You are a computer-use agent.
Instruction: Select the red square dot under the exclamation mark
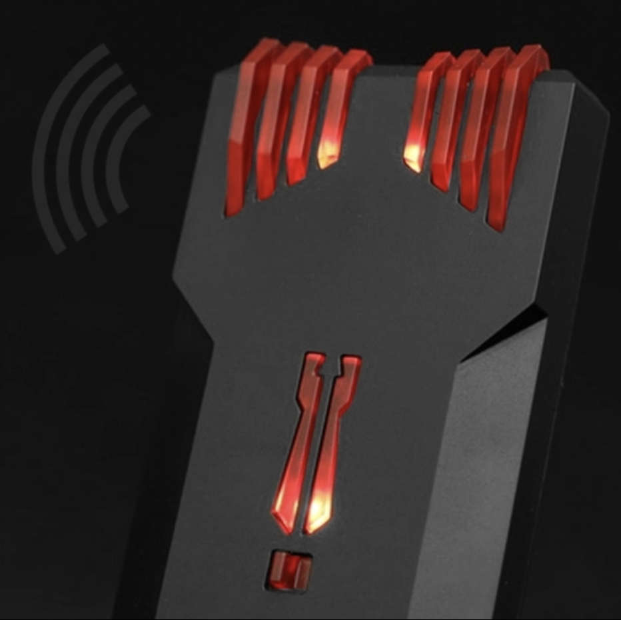290,570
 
